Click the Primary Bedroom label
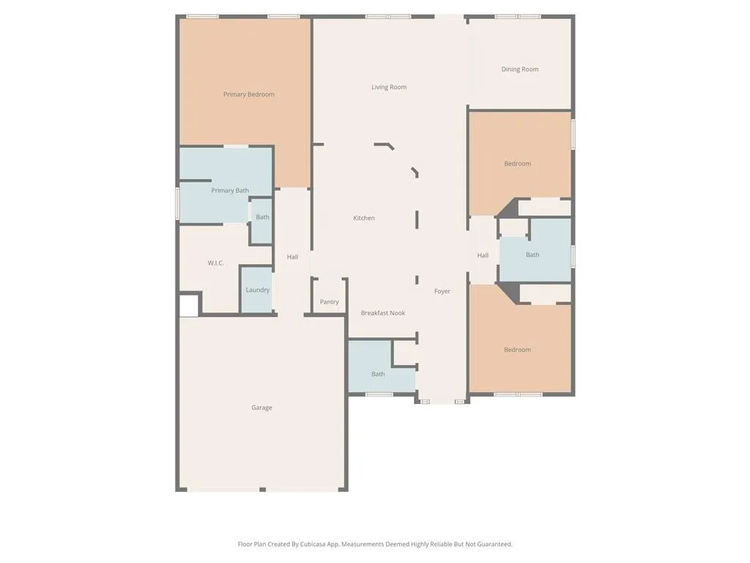coord(249,95)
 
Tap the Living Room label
coord(389,87)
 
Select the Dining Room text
coord(520,70)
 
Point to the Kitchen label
coord(364,218)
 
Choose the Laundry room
coord(258,290)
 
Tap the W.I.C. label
coord(215,263)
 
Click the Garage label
coord(261,408)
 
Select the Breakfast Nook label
coord(383,314)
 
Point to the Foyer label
coord(442,292)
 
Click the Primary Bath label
coord(230,191)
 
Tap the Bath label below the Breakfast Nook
coord(378,375)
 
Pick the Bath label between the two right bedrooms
coord(532,255)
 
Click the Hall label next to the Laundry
coord(292,257)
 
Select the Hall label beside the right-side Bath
coord(483,256)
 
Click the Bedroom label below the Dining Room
coord(517,164)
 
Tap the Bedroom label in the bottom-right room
coord(517,350)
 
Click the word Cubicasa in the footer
coord(314,545)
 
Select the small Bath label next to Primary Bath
coord(262,218)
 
